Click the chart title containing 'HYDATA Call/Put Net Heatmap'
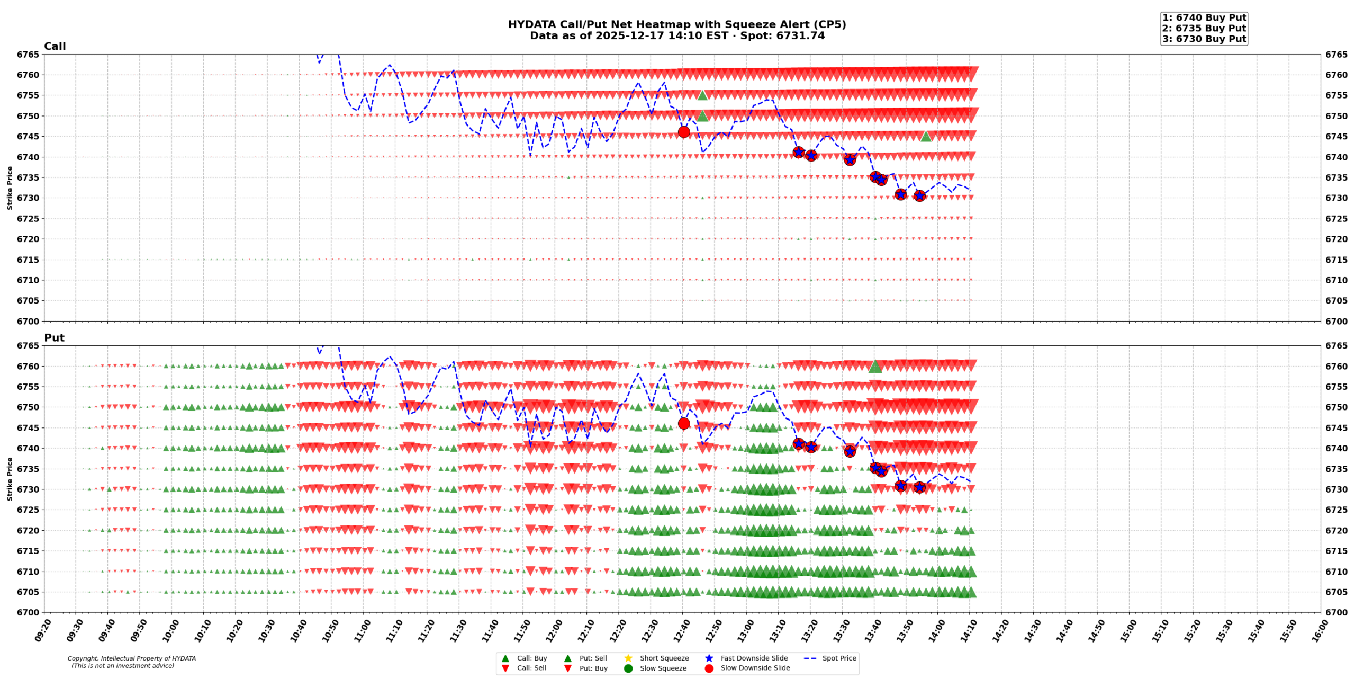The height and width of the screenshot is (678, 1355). (x=676, y=24)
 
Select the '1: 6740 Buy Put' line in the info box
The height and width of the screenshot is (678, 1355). (x=1204, y=17)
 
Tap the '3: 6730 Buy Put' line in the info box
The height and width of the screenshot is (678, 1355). (x=1204, y=39)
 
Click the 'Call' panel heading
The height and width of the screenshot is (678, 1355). (x=55, y=46)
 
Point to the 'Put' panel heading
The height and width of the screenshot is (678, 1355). (x=54, y=337)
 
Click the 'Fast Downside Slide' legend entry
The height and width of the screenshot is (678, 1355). (x=754, y=658)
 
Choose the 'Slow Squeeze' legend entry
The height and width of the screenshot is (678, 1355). (x=663, y=668)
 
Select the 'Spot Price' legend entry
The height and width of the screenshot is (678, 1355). (x=838, y=658)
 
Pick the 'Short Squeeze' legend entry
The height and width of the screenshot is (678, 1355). (x=664, y=658)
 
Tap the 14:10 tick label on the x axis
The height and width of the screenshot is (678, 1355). (x=966, y=630)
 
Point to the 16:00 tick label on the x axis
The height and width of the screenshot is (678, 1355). (x=1317, y=630)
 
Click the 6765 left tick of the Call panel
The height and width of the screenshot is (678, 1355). (x=28, y=55)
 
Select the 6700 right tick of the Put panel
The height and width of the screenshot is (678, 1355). (x=1336, y=612)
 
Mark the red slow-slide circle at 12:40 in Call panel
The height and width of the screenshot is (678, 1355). (x=683, y=132)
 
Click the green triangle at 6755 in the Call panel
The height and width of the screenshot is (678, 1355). (x=702, y=95)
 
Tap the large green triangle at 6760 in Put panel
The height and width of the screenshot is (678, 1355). (x=875, y=367)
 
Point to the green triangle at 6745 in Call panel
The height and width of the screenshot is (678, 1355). (x=925, y=137)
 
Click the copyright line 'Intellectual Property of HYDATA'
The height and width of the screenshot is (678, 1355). (x=131, y=658)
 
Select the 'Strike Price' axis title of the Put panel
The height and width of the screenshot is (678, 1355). (x=10, y=479)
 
